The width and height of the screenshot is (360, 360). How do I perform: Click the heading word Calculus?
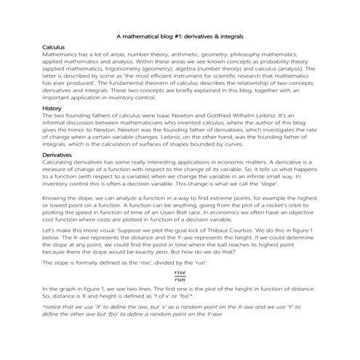click(x=53, y=46)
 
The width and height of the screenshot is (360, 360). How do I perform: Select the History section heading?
click(x=52, y=108)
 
